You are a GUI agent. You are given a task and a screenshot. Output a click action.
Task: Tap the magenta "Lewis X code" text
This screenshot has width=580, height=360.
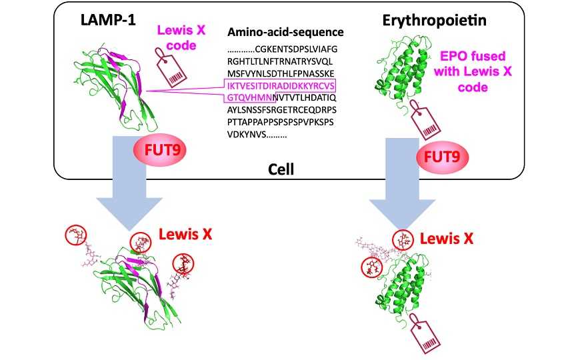click(177, 37)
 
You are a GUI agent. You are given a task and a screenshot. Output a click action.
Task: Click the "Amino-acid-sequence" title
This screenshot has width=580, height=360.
click(285, 32)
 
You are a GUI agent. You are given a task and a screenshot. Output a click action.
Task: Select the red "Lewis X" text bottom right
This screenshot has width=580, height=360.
click(445, 237)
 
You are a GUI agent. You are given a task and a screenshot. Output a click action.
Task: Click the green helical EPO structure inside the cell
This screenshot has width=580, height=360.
click(398, 71)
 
